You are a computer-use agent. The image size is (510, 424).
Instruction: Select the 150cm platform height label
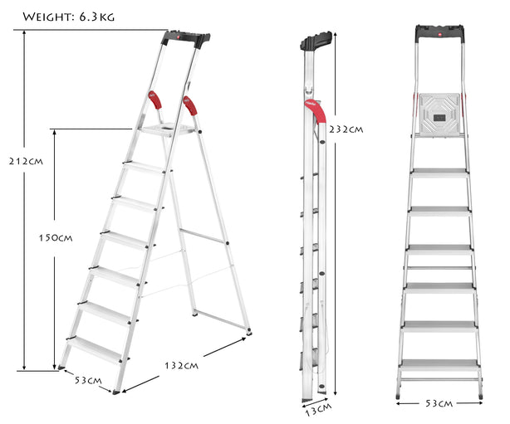coord(56,237)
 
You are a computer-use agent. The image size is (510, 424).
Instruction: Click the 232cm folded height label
coord(346,129)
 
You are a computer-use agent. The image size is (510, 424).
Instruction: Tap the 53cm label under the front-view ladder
coord(439,404)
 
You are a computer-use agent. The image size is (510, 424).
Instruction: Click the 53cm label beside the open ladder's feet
coord(87,381)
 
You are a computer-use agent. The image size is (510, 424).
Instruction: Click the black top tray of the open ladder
coord(186,37)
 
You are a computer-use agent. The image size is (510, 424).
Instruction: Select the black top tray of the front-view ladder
coord(439,34)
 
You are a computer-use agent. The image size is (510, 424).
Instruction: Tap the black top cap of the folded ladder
coord(318,41)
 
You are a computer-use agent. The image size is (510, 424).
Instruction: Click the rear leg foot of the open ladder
coord(248,334)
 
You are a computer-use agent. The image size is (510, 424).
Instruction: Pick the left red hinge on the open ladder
coord(155,100)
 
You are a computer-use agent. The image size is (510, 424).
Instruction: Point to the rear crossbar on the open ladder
coord(203,236)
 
